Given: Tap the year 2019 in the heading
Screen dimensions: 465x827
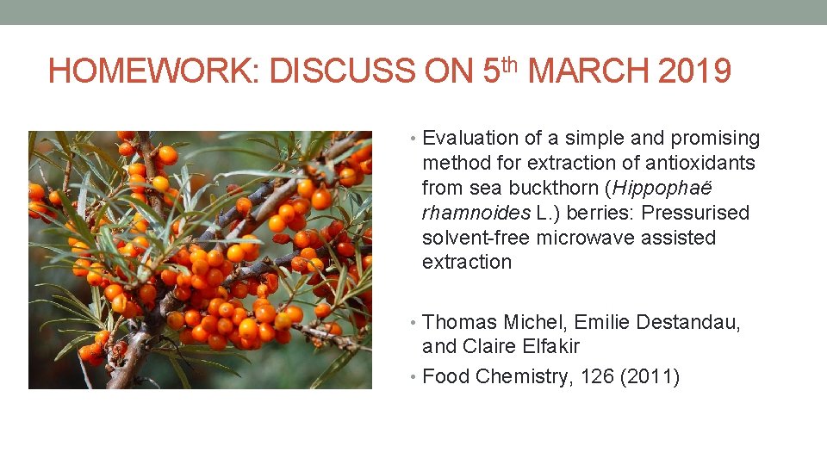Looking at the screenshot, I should pyautogui.click(x=694, y=71).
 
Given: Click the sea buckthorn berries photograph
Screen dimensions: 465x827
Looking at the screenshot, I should pyautogui.click(x=200, y=259).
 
